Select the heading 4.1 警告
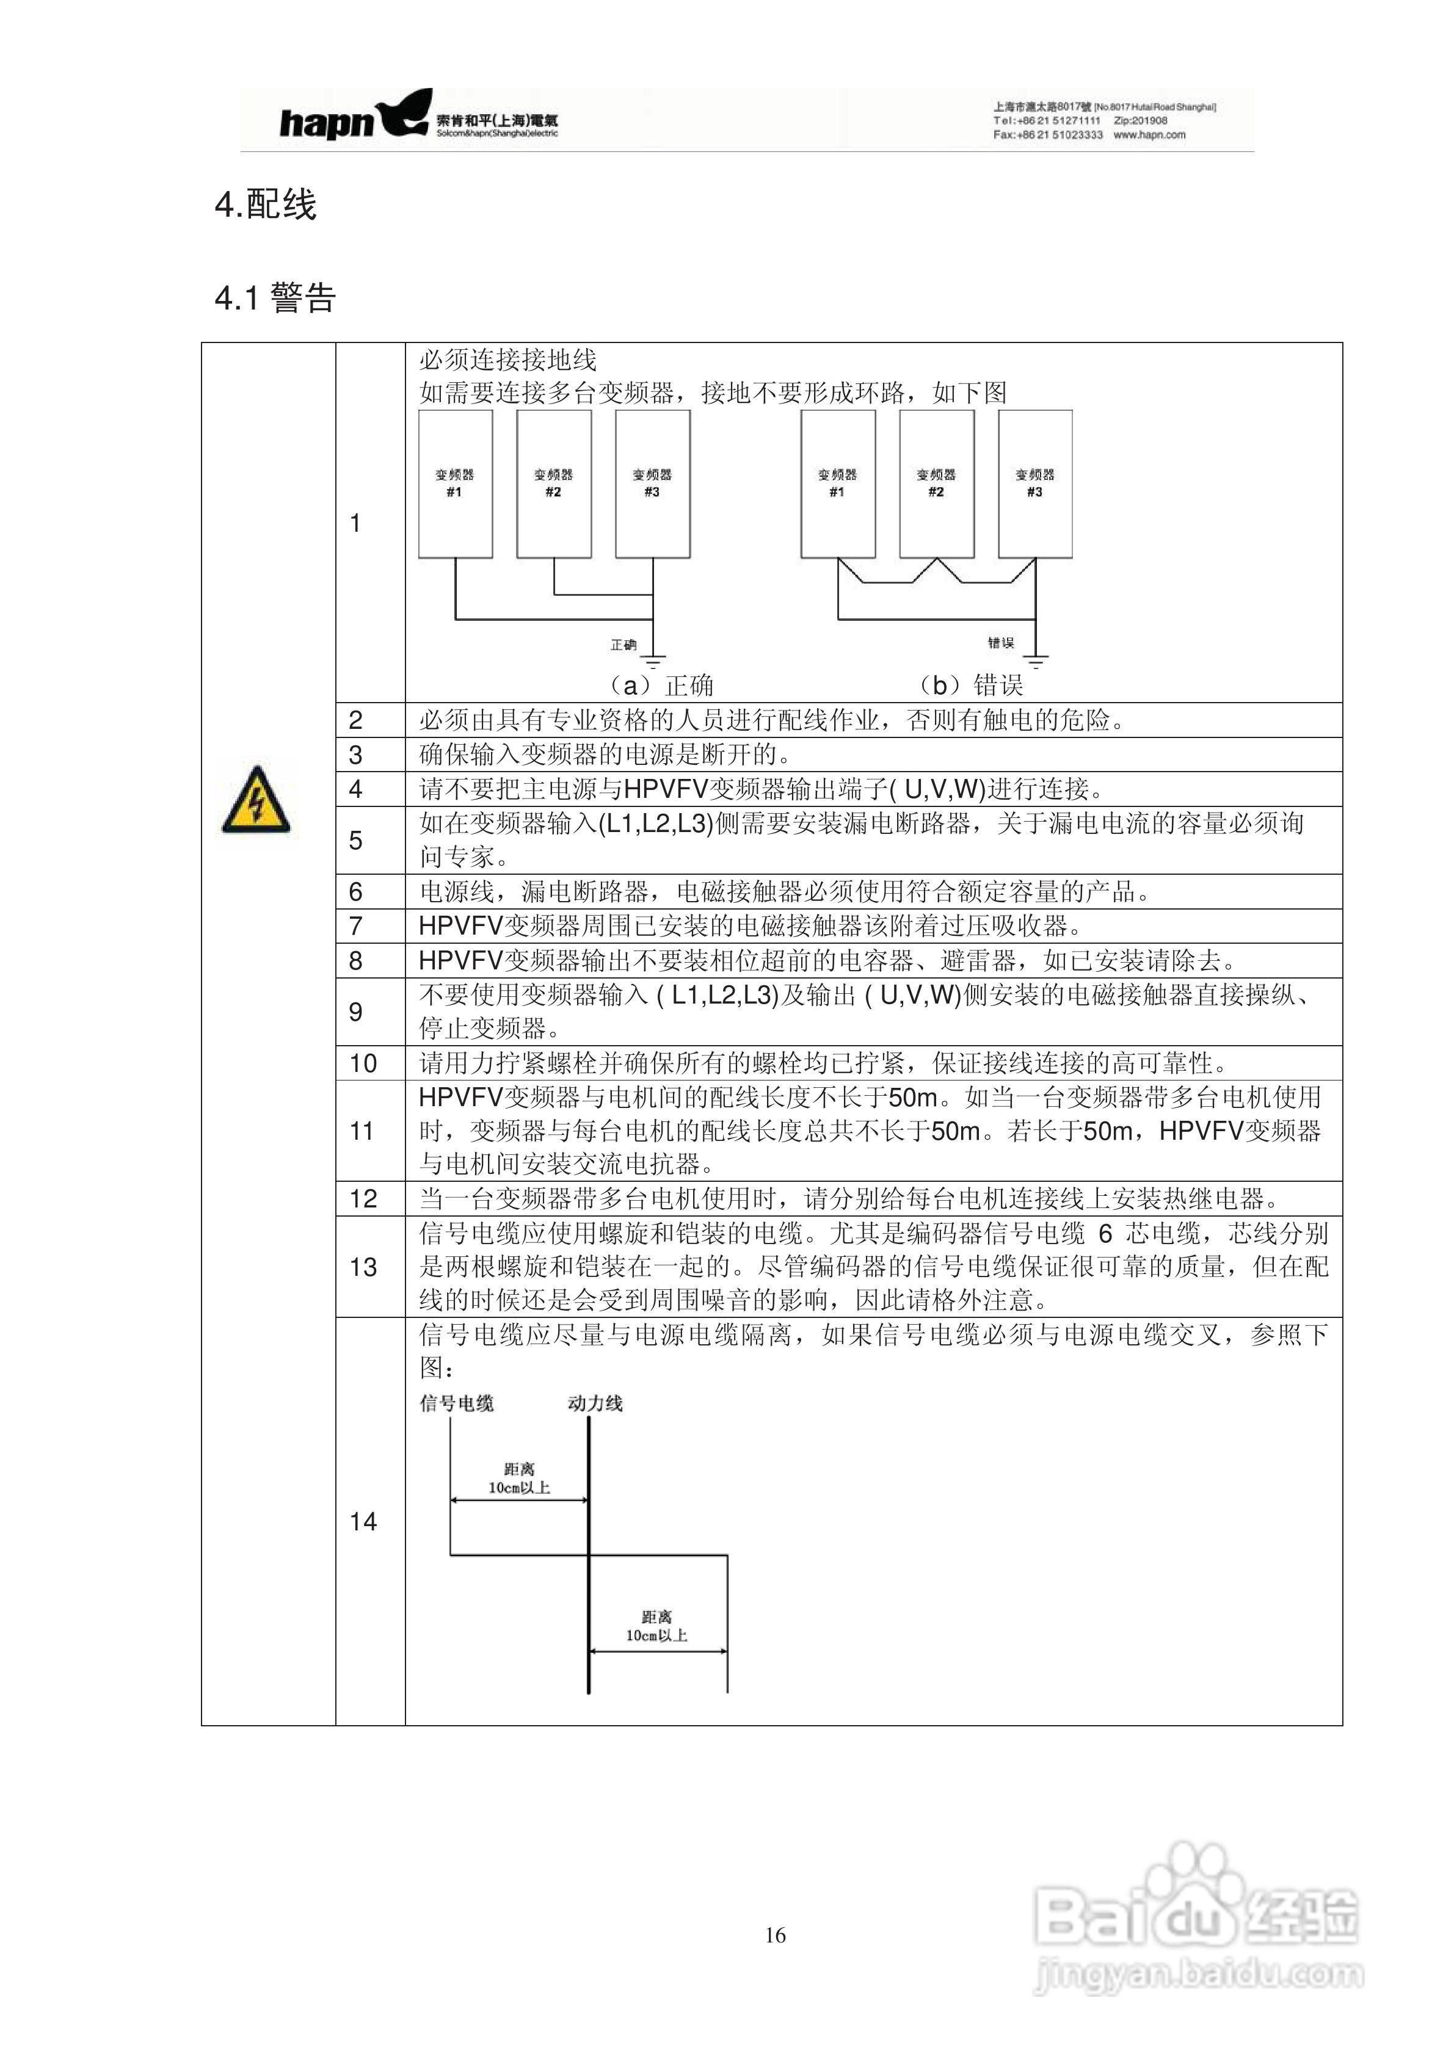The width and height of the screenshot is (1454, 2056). [275, 297]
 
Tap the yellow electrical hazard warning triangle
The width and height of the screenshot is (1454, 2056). [256, 800]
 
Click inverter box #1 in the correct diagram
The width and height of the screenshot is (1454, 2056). [455, 483]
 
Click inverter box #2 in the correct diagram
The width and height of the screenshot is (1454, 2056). [554, 483]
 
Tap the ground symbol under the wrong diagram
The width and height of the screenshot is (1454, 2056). [1036, 661]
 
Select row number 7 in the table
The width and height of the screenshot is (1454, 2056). [355, 926]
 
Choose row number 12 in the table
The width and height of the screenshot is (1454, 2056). [363, 1199]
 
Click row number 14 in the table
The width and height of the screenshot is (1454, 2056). [363, 1521]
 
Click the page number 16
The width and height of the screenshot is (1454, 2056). [775, 1936]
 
